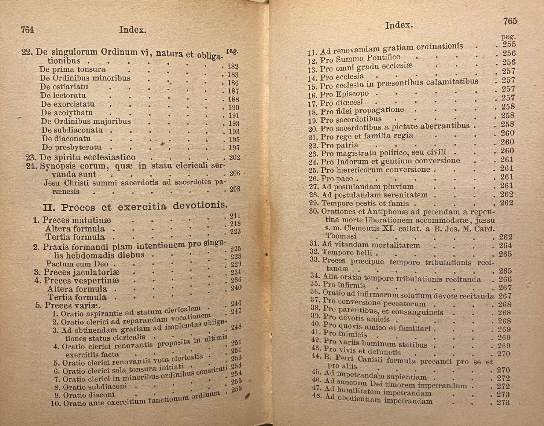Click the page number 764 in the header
tap(27, 30)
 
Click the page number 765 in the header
tap(510, 21)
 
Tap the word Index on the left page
tap(133, 30)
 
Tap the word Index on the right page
tap(399, 25)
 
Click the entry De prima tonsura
tap(73, 70)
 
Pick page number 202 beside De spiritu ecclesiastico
tap(234, 157)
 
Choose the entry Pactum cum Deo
tap(77, 264)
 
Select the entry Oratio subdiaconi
tap(95, 387)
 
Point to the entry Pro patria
tap(339, 145)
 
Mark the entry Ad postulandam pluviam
tap(367, 186)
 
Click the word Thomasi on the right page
tap(341, 236)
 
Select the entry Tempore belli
tap(347, 253)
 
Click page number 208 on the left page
tap(235, 189)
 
